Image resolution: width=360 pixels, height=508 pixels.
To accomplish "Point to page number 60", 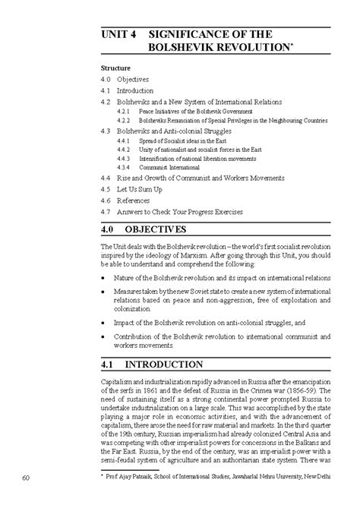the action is pyautogui.click(x=26, y=478).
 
